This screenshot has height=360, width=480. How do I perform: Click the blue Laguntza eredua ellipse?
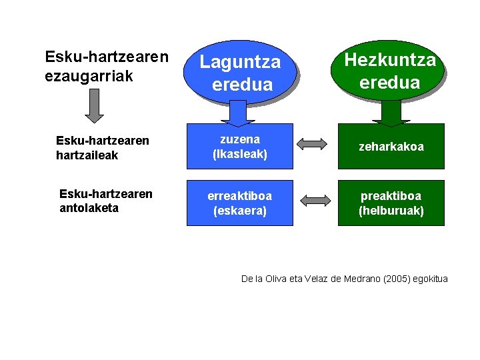click(x=241, y=73)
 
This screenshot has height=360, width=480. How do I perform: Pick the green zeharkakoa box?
click(x=391, y=147)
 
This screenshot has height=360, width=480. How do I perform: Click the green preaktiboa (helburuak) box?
click(x=391, y=203)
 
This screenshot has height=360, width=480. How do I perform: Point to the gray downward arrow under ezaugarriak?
click(x=95, y=105)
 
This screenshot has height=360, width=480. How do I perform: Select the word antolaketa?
click(x=89, y=207)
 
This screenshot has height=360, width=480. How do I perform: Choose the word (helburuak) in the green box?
click(x=391, y=211)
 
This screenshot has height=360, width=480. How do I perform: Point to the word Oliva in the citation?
click(x=266, y=279)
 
